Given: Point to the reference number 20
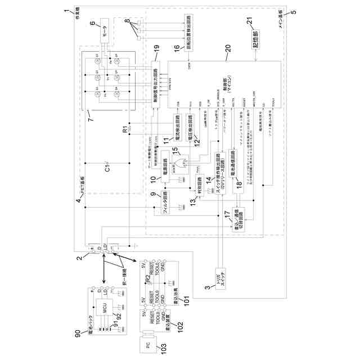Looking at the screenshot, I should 228,48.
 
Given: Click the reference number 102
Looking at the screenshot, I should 180,325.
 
